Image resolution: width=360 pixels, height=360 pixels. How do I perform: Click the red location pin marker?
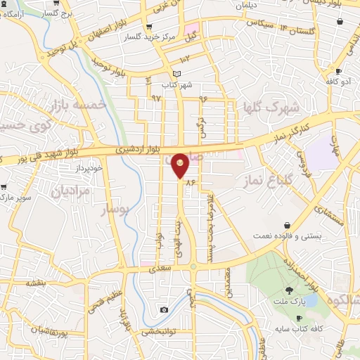pos(181,166)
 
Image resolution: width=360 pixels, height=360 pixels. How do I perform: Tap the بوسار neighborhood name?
pos(115,209)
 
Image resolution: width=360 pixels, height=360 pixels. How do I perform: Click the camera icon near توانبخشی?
pos(164,310)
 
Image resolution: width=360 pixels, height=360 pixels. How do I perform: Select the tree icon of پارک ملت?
pos(289,290)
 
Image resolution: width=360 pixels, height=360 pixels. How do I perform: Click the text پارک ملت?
pos(290,302)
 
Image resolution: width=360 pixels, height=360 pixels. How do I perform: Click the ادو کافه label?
pos(337,82)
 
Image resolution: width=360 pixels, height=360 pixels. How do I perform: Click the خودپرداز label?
pos(89,169)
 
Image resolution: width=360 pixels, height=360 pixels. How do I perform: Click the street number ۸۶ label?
pos(190,182)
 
